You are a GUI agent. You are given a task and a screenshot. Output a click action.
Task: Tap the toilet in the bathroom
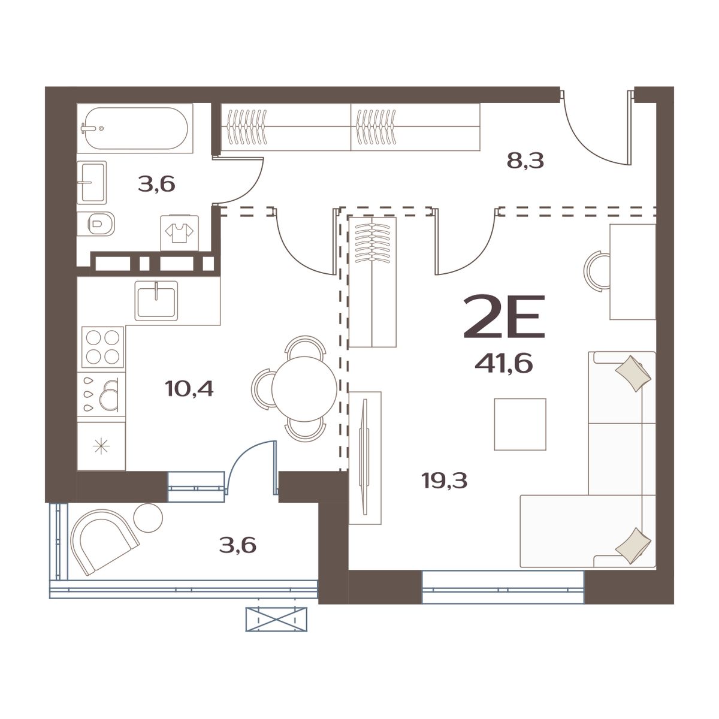click(101, 225)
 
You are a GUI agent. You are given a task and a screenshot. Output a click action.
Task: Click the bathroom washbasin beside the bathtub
click(92, 182)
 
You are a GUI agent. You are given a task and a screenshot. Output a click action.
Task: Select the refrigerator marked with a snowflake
click(101, 446)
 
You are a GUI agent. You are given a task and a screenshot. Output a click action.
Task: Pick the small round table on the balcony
click(147, 516)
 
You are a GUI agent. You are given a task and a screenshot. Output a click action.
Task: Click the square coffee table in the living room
click(519, 424)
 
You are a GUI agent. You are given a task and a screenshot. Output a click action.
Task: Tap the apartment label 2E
click(504, 316)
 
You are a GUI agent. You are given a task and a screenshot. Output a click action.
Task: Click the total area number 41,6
click(503, 363)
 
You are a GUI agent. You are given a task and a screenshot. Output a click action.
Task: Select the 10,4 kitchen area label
click(189, 389)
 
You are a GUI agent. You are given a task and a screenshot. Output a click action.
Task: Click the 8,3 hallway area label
click(525, 161)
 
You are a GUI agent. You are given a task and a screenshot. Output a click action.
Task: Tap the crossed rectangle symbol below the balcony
click(276, 618)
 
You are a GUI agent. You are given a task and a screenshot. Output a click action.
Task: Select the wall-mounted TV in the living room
click(364, 458)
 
